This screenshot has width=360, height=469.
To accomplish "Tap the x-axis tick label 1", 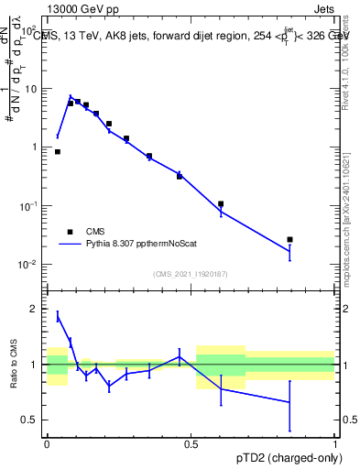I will point(335,442).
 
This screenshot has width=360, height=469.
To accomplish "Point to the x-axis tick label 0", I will point(46,442).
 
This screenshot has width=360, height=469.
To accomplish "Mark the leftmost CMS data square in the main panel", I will point(58,152).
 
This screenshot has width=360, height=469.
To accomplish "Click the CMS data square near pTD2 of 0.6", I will point(221,204).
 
